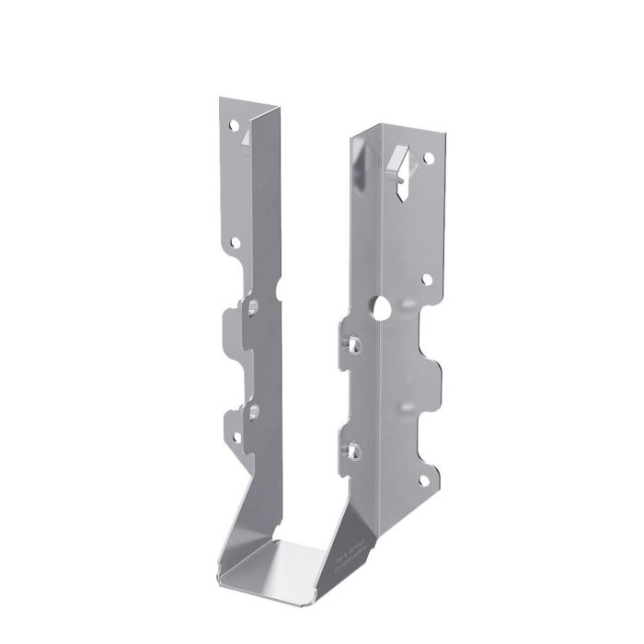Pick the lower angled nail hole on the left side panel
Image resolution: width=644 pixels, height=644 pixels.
point(252,408)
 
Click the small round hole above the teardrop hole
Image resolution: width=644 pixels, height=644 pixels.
point(427,278)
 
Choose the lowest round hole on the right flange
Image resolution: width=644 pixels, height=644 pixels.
point(424,479)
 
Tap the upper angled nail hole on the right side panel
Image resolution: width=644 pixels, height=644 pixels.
point(353,343)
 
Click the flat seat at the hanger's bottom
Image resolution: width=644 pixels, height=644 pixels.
point(277,557)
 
